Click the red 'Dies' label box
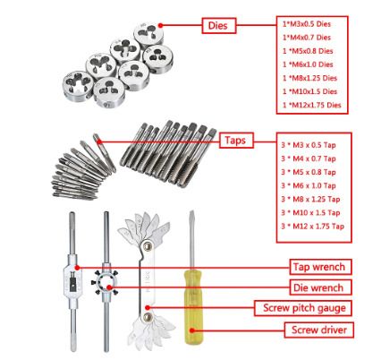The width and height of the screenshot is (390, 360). click(x=219, y=26)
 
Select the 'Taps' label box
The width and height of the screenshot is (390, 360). click(x=236, y=141)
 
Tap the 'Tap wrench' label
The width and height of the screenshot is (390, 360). click(x=320, y=267)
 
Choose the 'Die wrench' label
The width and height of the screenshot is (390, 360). click(x=320, y=287)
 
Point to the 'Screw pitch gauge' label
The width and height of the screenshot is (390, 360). click(x=303, y=308)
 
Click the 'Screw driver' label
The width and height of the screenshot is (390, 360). click(x=318, y=330)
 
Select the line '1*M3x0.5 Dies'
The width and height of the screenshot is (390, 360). click(x=307, y=24)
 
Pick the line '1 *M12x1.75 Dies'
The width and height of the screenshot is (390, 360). click(x=311, y=105)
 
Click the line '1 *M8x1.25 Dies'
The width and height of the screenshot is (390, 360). click(x=309, y=78)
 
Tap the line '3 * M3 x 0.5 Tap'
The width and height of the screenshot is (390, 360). click(x=309, y=145)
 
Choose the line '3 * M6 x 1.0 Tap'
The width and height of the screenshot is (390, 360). click(x=309, y=185)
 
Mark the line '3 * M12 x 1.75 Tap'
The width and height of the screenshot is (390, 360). click(x=312, y=226)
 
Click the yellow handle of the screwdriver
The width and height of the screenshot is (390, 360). click(x=193, y=307)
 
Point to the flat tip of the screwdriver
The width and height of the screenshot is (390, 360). click(x=192, y=211)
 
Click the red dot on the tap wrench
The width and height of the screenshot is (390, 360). click(x=77, y=268)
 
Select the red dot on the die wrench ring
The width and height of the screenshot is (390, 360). click(x=109, y=287)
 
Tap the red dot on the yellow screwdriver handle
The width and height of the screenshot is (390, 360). click(x=192, y=330)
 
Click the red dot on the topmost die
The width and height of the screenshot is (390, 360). click(x=160, y=26)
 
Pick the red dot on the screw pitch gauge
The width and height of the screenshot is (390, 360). click(x=148, y=307)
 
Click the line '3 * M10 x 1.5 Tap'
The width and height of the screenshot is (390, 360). click(x=310, y=212)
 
